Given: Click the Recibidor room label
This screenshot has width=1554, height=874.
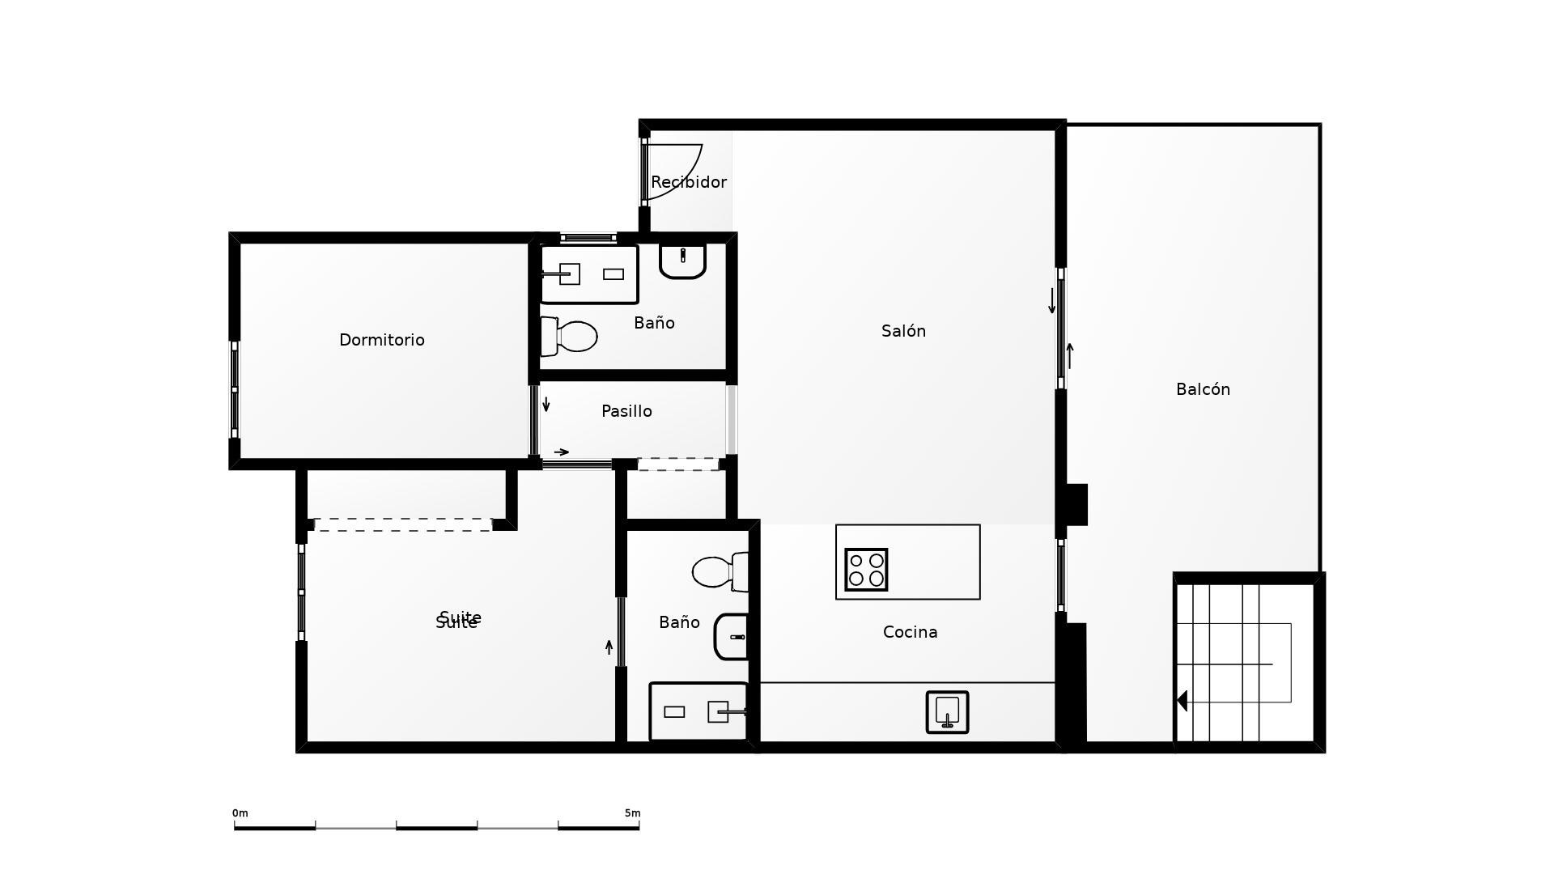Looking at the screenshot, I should tap(688, 182).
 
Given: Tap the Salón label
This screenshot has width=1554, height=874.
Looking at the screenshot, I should tap(903, 331).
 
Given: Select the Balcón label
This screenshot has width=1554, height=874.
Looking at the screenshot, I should tap(1203, 389).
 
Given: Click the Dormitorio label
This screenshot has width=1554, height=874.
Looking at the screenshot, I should tap(381, 340).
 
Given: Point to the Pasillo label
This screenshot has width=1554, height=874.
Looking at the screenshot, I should tap(626, 411).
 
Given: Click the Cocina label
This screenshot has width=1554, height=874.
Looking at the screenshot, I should tap(910, 632).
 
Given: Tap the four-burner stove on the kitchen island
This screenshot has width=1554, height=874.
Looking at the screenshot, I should tap(866, 570).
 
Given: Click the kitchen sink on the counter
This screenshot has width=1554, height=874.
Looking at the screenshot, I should tap(947, 712).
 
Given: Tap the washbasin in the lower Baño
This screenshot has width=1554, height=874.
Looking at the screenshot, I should tap(731, 637).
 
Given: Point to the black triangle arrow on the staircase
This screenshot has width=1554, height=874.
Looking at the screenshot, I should tap(1182, 701).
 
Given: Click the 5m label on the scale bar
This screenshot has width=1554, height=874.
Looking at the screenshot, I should tap(632, 813).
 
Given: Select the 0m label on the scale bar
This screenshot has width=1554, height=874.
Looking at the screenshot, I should tap(240, 813).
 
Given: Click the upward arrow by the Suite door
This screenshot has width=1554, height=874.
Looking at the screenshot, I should tap(609, 647).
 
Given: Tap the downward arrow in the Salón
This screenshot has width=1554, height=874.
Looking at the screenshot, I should tap(1051, 301).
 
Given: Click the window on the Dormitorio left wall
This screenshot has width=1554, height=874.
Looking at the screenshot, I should tap(235, 389).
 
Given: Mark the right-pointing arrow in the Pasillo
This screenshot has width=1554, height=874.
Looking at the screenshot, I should tap(562, 452).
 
